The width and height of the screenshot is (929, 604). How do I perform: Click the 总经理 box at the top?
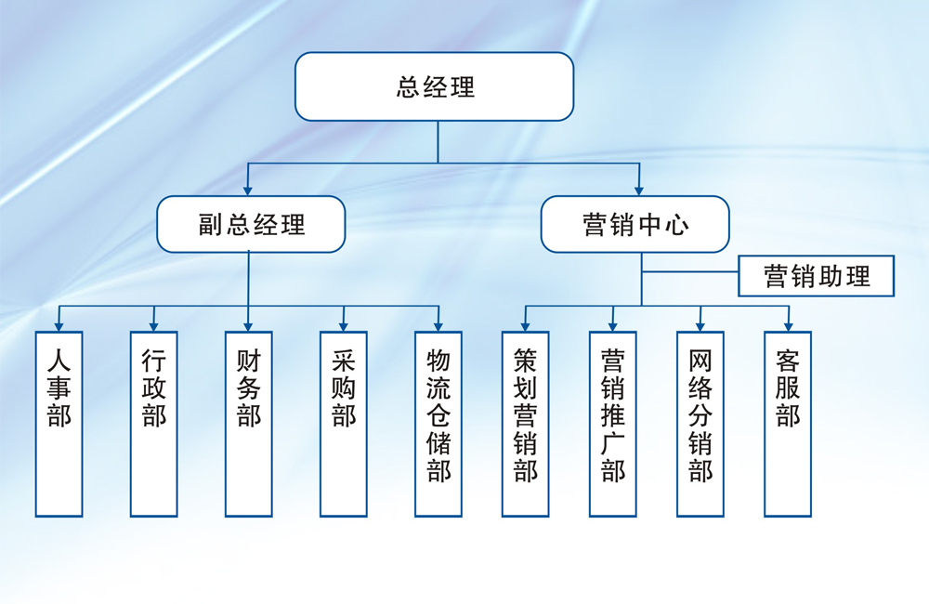coord(435,86)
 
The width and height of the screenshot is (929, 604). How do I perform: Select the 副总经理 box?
coord(251,224)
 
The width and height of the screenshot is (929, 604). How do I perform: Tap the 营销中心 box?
coord(635,224)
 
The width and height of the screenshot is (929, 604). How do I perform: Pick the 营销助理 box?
coord(817,276)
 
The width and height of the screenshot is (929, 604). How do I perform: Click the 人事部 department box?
coord(59,424)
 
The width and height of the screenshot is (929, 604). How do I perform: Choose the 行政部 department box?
coord(154,424)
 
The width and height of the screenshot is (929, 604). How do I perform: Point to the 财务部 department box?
coord(249,424)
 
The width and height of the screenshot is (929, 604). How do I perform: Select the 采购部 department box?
coord(344,424)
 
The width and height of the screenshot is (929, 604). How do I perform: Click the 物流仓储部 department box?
coord(438,424)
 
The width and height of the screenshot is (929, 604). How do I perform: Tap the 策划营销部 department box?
coord(526,424)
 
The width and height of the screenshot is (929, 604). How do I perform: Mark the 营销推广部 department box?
coord(613,424)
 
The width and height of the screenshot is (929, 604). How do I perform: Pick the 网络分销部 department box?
coord(700,424)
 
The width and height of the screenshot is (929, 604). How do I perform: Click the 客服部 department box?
coord(788,424)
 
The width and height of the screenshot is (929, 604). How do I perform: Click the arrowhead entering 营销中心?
coord(639,190)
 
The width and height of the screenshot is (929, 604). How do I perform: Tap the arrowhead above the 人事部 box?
coord(59,326)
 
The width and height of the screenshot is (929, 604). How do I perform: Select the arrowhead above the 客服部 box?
coord(788,326)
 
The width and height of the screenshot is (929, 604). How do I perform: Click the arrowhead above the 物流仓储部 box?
coord(438,326)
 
